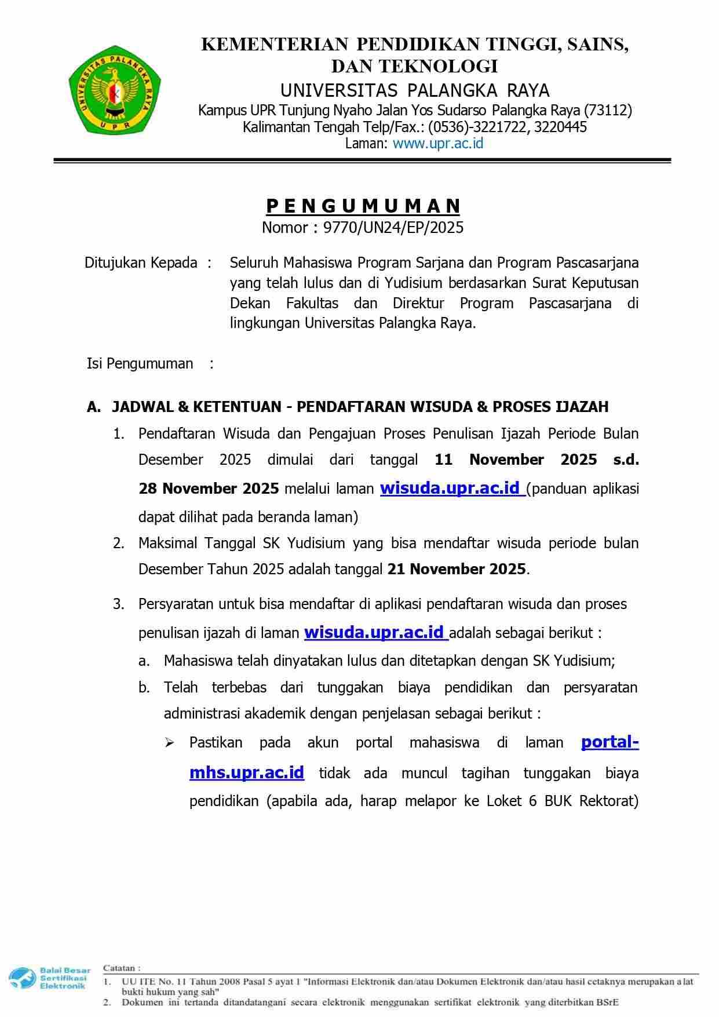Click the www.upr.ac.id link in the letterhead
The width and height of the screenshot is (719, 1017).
(437, 144)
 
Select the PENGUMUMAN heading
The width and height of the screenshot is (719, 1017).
(363, 206)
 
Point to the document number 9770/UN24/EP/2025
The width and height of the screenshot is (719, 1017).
(393, 227)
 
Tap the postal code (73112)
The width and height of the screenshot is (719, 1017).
(608, 110)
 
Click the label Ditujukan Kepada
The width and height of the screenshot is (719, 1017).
(141, 263)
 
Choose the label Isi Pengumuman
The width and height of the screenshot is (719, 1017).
(140, 363)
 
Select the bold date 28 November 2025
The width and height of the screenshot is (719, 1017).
(209, 489)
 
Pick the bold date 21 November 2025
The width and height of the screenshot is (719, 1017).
(457, 569)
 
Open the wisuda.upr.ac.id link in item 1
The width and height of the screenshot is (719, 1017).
(450, 488)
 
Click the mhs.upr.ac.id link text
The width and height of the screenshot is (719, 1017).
(247, 772)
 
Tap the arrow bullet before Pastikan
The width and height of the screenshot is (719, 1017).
(169, 743)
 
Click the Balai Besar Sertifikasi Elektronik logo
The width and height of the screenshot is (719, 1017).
(50, 978)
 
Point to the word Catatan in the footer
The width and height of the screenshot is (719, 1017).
(121, 968)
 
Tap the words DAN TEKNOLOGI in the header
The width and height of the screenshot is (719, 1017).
(414, 67)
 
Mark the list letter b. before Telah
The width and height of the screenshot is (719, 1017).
(144, 688)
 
